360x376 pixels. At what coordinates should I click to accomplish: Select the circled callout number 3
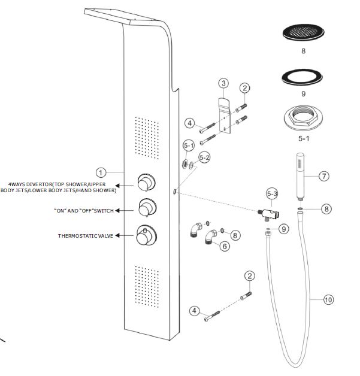223,83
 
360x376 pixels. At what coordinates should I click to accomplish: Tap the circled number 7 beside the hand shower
324,176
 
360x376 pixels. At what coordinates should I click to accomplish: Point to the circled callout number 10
328,300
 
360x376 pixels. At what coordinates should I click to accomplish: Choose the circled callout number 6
224,246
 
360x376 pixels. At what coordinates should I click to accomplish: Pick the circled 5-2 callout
205,159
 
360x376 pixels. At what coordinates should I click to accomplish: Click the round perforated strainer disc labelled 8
302,33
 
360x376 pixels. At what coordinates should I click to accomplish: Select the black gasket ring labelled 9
302,78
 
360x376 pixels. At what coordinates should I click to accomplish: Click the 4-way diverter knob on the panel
145,181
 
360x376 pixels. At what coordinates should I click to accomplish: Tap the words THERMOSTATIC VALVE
84,236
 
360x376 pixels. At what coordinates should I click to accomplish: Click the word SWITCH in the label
102,210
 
